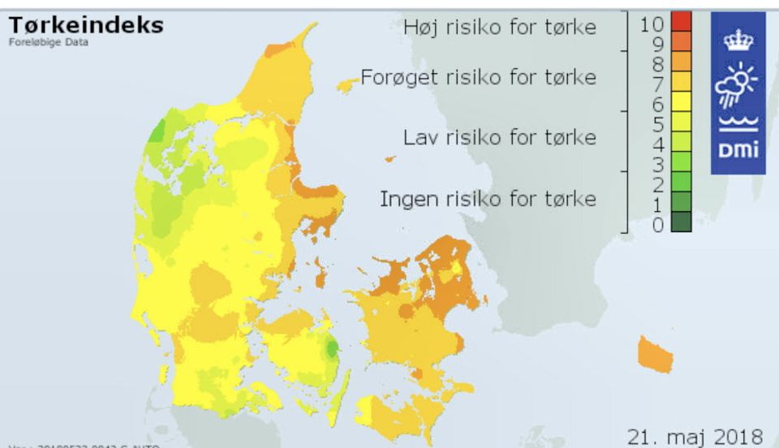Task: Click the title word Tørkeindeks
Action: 86,25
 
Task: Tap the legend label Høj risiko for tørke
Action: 500,27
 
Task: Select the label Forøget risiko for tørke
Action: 478,77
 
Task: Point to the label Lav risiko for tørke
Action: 500,137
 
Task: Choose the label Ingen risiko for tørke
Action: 488,199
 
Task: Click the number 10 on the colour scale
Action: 652,24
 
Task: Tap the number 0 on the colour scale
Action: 657,225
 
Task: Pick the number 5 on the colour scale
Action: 657,124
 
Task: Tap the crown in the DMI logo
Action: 738,39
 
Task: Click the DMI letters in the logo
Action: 738,150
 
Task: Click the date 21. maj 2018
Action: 695,436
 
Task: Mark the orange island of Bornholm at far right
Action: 656,354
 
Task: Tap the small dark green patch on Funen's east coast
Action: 331,348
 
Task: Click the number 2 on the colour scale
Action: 657,184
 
